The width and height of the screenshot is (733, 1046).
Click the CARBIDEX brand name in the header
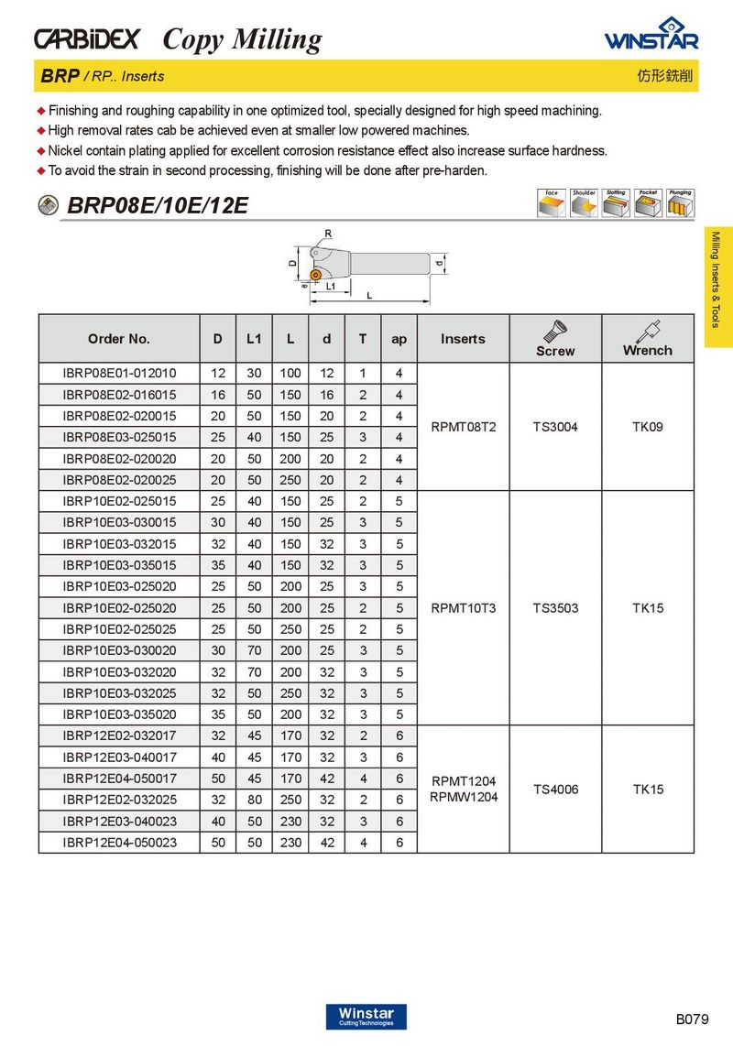click(x=87, y=38)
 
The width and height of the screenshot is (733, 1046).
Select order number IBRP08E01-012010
click(x=119, y=374)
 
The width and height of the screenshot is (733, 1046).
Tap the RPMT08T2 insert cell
click(x=463, y=427)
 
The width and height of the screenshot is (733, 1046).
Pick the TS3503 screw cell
click(x=555, y=608)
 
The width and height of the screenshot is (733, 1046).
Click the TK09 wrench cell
click(x=647, y=427)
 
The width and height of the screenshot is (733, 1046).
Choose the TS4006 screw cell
click(x=555, y=790)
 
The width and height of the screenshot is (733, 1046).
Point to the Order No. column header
click(x=119, y=339)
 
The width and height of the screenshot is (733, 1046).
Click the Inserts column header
click(x=463, y=339)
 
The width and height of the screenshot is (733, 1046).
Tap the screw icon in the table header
click(x=554, y=330)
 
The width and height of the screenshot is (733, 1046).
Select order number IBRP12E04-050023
click(x=119, y=843)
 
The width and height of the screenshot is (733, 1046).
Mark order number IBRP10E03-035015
click(x=119, y=566)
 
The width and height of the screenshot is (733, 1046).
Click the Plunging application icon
click(x=680, y=204)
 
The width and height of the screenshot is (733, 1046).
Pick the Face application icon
click(x=552, y=204)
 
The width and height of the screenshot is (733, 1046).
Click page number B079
click(x=694, y=1019)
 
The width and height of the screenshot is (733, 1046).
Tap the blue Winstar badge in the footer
click(x=366, y=1017)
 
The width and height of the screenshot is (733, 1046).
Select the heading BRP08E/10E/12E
click(x=158, y=205)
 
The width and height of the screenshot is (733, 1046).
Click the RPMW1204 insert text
click(x=463, y=798)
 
